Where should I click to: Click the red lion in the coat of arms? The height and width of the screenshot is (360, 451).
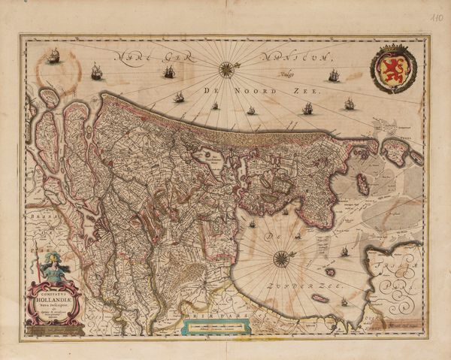click(x=393, y=71)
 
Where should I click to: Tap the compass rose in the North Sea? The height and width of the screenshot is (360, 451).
click(x=225, y=70)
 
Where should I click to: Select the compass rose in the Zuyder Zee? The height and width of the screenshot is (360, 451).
click(x=281, y=259)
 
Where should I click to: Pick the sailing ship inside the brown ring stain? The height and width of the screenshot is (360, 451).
click(x=53, y=55)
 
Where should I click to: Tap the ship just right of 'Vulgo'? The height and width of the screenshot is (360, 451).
click(x=333, y=75)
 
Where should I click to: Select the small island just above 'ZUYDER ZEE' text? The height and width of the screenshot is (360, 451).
click(x=330, y=272)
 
